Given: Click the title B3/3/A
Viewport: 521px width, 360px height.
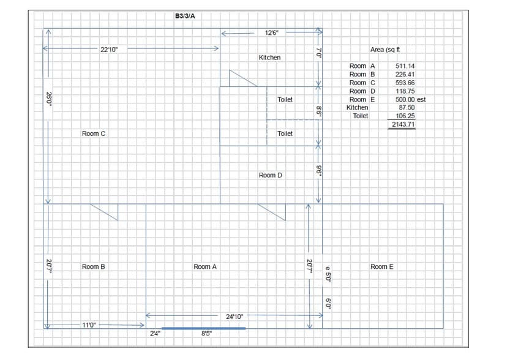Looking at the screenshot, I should pyautogui.click(x=185, y=16).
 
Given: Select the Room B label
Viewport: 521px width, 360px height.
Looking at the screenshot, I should pyautogui.click(x=94, y=267).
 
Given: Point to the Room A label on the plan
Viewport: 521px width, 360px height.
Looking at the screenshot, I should pyautogui.click(x=205, y=267).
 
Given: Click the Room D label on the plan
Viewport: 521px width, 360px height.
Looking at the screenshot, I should pyautogui.click(x=271, y=176).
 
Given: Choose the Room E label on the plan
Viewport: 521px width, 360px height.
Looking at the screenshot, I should pyautogui.click(x=382, y=267).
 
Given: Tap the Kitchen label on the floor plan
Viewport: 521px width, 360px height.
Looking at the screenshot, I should pyautogui.click(x=269, y=58).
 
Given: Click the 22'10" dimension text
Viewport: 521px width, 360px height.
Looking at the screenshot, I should pyautogui.click(x=109, y=49).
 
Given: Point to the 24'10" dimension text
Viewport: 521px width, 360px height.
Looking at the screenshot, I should pyautogui.click(x=235, y=317).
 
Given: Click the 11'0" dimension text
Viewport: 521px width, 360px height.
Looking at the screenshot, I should pyautogui.click(x=89, y=326).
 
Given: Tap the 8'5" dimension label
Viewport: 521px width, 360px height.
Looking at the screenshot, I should pyautogui.click(x=207, y=334).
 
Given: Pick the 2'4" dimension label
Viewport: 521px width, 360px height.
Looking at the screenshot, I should pyautogui.click(x=156, y=334).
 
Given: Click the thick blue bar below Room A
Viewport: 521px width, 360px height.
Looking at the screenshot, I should pyautogui.click(x=203, y=328).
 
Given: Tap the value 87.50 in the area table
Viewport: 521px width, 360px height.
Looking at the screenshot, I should pyautogui.click(x=407, y=107).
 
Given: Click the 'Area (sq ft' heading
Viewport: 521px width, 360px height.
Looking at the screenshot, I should pyautogui.click(x=385, y=50).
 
